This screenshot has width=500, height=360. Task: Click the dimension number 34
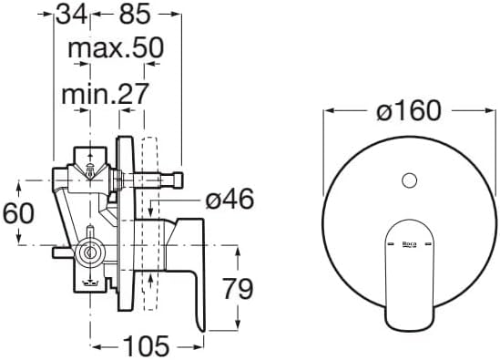72,15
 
